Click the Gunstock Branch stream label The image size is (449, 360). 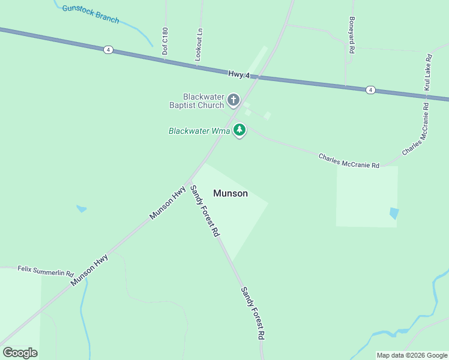point(91,14)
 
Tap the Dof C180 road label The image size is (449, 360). point(165,41)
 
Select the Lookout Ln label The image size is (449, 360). point(199,44)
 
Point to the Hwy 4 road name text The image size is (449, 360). point(243,74)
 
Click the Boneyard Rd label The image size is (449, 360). point(352,34)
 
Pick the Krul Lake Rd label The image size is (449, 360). point(428,73)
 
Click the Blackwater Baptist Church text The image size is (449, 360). point(203,100)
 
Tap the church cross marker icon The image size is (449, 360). point(234,99)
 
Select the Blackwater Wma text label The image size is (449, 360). point(200,130)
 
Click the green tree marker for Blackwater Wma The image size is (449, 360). point(240,129)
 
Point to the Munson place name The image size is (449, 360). point(231,193)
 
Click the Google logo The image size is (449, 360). point(20,353)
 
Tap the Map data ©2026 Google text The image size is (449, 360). point(412,355)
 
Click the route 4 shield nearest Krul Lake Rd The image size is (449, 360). point(370,89)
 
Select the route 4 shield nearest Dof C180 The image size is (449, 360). point(107,50)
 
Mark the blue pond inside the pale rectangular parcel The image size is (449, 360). point(394,212)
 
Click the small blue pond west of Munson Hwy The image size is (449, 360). point(81,209)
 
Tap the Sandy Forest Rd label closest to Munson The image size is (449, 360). point(205,210)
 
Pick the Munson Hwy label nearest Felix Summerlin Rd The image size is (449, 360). point(89,270)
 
